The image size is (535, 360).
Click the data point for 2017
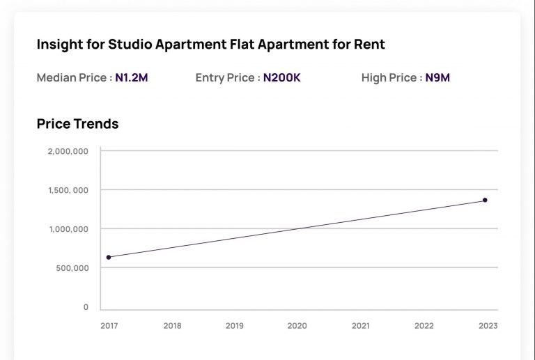[109, 258]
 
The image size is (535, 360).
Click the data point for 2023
[485, 201]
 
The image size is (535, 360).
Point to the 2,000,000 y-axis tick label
[68, 151]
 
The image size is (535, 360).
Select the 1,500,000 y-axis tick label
[68, 190]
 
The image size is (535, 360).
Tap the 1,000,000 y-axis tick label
[68, 229]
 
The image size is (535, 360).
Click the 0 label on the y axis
[86, 307]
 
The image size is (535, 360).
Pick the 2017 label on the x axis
[109, 325]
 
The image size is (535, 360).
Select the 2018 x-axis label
[172, 325]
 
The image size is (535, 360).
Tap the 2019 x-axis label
[235, 325]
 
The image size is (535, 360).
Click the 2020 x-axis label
[297, 325]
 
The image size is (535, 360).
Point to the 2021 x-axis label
[360, 325]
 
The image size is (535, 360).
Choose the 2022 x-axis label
[424, 325]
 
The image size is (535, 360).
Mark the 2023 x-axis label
[488, 325]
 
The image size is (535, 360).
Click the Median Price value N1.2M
[132, 78]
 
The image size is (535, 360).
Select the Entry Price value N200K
[281, 78]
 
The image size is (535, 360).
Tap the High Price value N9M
[437, 78]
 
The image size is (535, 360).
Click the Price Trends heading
[77, 124]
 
